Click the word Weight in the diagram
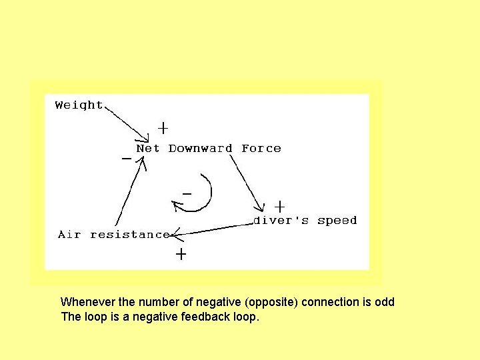click(79, 105)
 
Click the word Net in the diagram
click(147, 149)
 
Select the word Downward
click(200, 149)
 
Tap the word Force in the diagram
click(261, 149)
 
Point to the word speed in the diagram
click(337, 221)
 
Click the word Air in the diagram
click(69, 234)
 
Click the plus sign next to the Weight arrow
click(162, 127)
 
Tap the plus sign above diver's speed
click(280, 206)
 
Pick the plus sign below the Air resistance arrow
click(180, 254)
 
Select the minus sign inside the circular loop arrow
click(187, 193)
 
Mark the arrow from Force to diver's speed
click(247, 180)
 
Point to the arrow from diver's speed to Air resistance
click(213, 229)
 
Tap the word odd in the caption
click(385, 302)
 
